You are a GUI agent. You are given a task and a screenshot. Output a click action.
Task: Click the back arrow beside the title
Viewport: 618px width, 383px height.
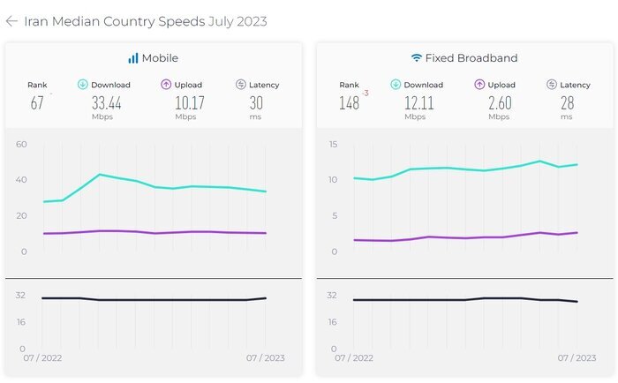pyautogui.click(x=11, y=21)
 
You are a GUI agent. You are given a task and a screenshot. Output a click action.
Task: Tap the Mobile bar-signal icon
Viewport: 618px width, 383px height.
pyautogui.click(x=132, y=58)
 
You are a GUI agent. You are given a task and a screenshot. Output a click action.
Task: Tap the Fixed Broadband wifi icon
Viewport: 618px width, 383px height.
pyautogui.click(x=416, y=58)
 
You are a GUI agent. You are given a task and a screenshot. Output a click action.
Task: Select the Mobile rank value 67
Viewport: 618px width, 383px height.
pyautogui.click(x=37, y=103)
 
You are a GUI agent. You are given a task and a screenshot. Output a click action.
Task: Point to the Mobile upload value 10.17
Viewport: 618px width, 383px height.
pyautogui.click(x=185, y=103)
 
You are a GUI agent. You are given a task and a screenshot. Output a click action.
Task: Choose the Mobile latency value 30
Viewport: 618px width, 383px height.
pyautogui.click(x=256, y=103)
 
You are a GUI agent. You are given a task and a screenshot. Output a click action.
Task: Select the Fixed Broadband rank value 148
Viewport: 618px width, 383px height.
pyautogui.click(x=349, y=103)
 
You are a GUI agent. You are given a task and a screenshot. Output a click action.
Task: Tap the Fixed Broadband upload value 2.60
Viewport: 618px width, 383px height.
pyautogui.click(x=499, y=103)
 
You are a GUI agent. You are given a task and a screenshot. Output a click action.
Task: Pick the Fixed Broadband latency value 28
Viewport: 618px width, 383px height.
pyautogui.click(x=567, y=103)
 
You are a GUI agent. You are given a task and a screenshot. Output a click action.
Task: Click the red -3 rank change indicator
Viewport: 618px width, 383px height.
pyautogui.click(x=365, y=91)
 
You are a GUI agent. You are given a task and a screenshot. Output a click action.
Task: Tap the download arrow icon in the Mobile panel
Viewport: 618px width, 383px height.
pyautogui.click(x=83, y=85)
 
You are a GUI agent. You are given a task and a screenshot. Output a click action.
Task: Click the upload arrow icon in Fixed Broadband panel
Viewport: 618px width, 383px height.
pyautogui.click(x=480, y=85)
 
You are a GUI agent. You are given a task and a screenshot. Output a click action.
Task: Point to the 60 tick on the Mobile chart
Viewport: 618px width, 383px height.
pyautogui.click(x=21, y=144)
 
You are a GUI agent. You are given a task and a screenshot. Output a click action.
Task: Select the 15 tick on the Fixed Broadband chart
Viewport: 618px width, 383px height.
pyautogui.click(x=333, y=144)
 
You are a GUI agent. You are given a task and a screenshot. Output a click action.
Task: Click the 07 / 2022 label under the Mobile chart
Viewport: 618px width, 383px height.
pyautogui.click(x=43, y=358)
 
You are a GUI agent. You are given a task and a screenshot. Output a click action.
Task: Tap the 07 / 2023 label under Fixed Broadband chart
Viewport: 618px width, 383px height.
pyautogui.click(x=577, y=358)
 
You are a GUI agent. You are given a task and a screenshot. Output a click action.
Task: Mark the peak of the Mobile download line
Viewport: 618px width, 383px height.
pyautogui.click(x=100, y=175)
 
